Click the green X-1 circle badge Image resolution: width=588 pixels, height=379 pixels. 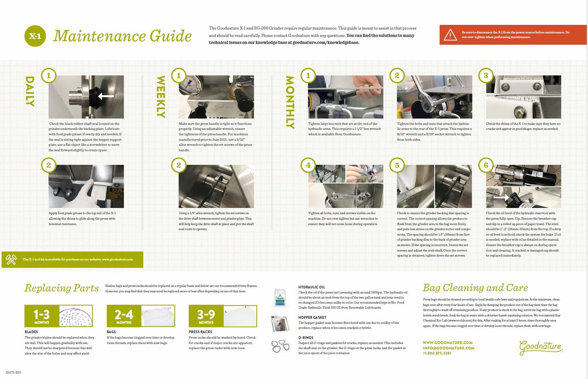coord(35,36)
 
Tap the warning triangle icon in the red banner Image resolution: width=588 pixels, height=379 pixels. coord(450,35)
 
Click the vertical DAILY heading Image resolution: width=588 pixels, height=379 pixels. coord(30,91)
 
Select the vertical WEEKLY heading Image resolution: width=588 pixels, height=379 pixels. coord(161,96)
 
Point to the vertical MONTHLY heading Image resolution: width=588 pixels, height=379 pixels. coord(290,102)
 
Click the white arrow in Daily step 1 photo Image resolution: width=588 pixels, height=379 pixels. coord(106,96)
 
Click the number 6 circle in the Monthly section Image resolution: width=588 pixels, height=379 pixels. coord(486,165)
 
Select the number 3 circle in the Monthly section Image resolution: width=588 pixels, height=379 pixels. coord(486,75)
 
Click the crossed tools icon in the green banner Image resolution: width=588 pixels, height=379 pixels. coord(11,259)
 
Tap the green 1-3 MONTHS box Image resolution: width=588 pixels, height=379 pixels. coord(42,316)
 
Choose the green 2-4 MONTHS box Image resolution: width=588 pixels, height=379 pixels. coord(124,316)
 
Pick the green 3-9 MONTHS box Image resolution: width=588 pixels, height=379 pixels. coord(206,316)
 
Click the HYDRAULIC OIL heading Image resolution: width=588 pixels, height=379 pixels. coord(311,287)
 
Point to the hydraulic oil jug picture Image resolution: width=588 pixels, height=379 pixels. coord(280,297)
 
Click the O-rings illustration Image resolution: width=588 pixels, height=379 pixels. coord(280,346)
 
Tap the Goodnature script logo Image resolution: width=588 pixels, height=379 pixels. coord(540,347)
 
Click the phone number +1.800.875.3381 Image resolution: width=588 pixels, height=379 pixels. coord(437,353)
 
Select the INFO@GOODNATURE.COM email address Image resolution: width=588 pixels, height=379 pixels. coord(448,348)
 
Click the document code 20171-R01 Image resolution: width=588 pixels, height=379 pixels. coord(13,372)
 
